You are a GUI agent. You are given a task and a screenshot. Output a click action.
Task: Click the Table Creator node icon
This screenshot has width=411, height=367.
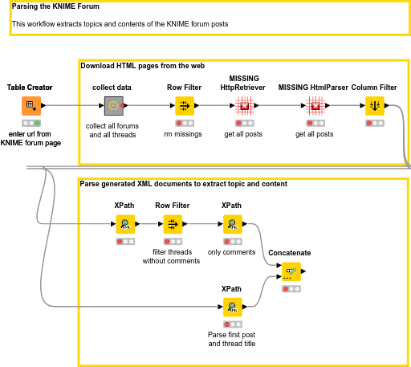31,106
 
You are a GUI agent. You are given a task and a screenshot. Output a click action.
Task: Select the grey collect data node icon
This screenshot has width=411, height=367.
114,106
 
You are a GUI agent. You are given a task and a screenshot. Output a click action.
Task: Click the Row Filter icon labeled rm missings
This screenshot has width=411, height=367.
185,106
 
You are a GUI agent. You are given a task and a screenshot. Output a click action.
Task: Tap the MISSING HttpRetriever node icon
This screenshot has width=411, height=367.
246,106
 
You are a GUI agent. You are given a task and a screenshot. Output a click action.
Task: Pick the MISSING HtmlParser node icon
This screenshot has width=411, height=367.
315,106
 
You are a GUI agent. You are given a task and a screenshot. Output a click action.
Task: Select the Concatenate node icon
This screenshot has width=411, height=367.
291,271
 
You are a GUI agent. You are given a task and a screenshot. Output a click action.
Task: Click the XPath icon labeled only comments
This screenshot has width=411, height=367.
231,224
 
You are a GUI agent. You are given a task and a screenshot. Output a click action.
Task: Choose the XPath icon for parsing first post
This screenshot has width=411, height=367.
231,307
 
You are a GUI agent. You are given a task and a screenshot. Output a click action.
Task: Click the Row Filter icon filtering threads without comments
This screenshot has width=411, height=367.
172,224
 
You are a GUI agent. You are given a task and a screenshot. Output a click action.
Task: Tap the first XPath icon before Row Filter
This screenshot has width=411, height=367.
124,224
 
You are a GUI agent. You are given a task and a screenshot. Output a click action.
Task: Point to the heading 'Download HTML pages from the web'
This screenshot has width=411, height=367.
143,66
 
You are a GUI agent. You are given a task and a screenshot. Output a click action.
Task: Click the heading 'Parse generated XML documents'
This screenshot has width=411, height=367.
183,184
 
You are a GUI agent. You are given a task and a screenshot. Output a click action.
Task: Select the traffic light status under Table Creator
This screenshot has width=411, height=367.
31,123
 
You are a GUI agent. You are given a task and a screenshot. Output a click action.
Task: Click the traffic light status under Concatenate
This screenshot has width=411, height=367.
291,288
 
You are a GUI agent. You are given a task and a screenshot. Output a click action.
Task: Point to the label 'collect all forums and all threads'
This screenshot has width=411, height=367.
113,130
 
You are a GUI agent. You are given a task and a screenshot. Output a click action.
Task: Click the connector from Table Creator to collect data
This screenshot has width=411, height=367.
72,106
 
